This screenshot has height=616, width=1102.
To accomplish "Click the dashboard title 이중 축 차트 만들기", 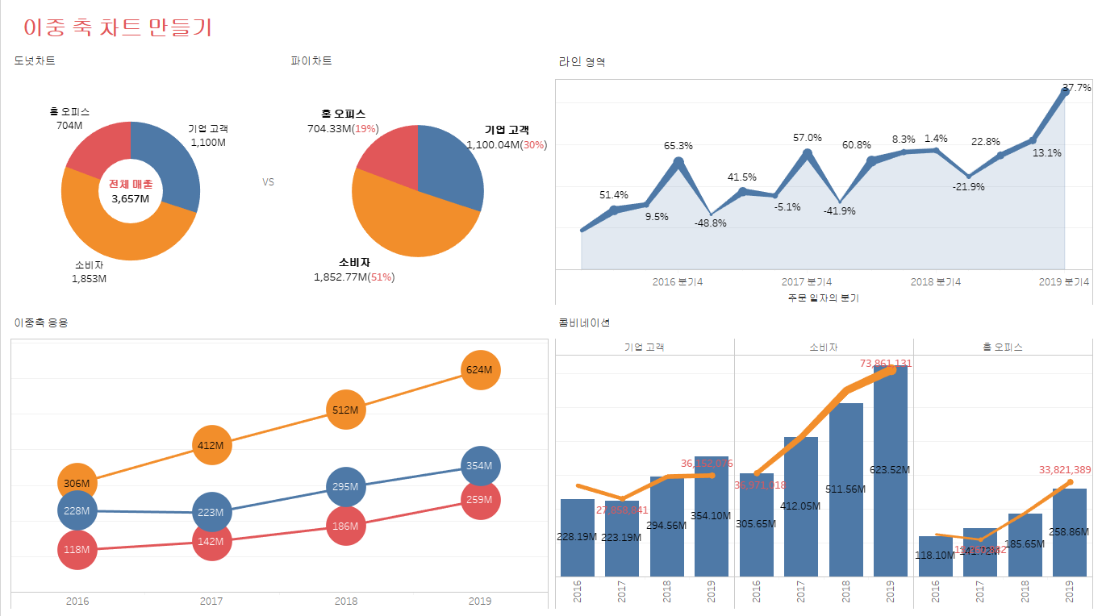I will [118, 27].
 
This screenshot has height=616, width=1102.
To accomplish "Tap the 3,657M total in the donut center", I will [130, 198].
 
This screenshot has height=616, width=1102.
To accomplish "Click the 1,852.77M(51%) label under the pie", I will [354, 277].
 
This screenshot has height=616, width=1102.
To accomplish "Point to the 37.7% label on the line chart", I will [1076, 88].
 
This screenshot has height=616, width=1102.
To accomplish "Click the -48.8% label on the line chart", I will [710, 223].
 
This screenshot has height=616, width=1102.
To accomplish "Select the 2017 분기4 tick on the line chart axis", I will [806, 282].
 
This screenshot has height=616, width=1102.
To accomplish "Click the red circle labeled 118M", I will [77, 550].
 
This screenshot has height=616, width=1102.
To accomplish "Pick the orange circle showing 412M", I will [211, 444].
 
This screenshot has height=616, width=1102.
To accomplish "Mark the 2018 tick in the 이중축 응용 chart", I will [346, 601].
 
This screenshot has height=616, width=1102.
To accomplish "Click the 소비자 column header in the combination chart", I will [824, 348].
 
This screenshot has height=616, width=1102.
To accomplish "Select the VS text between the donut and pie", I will [268, 182].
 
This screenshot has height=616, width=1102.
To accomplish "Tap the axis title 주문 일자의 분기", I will [823, 298].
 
